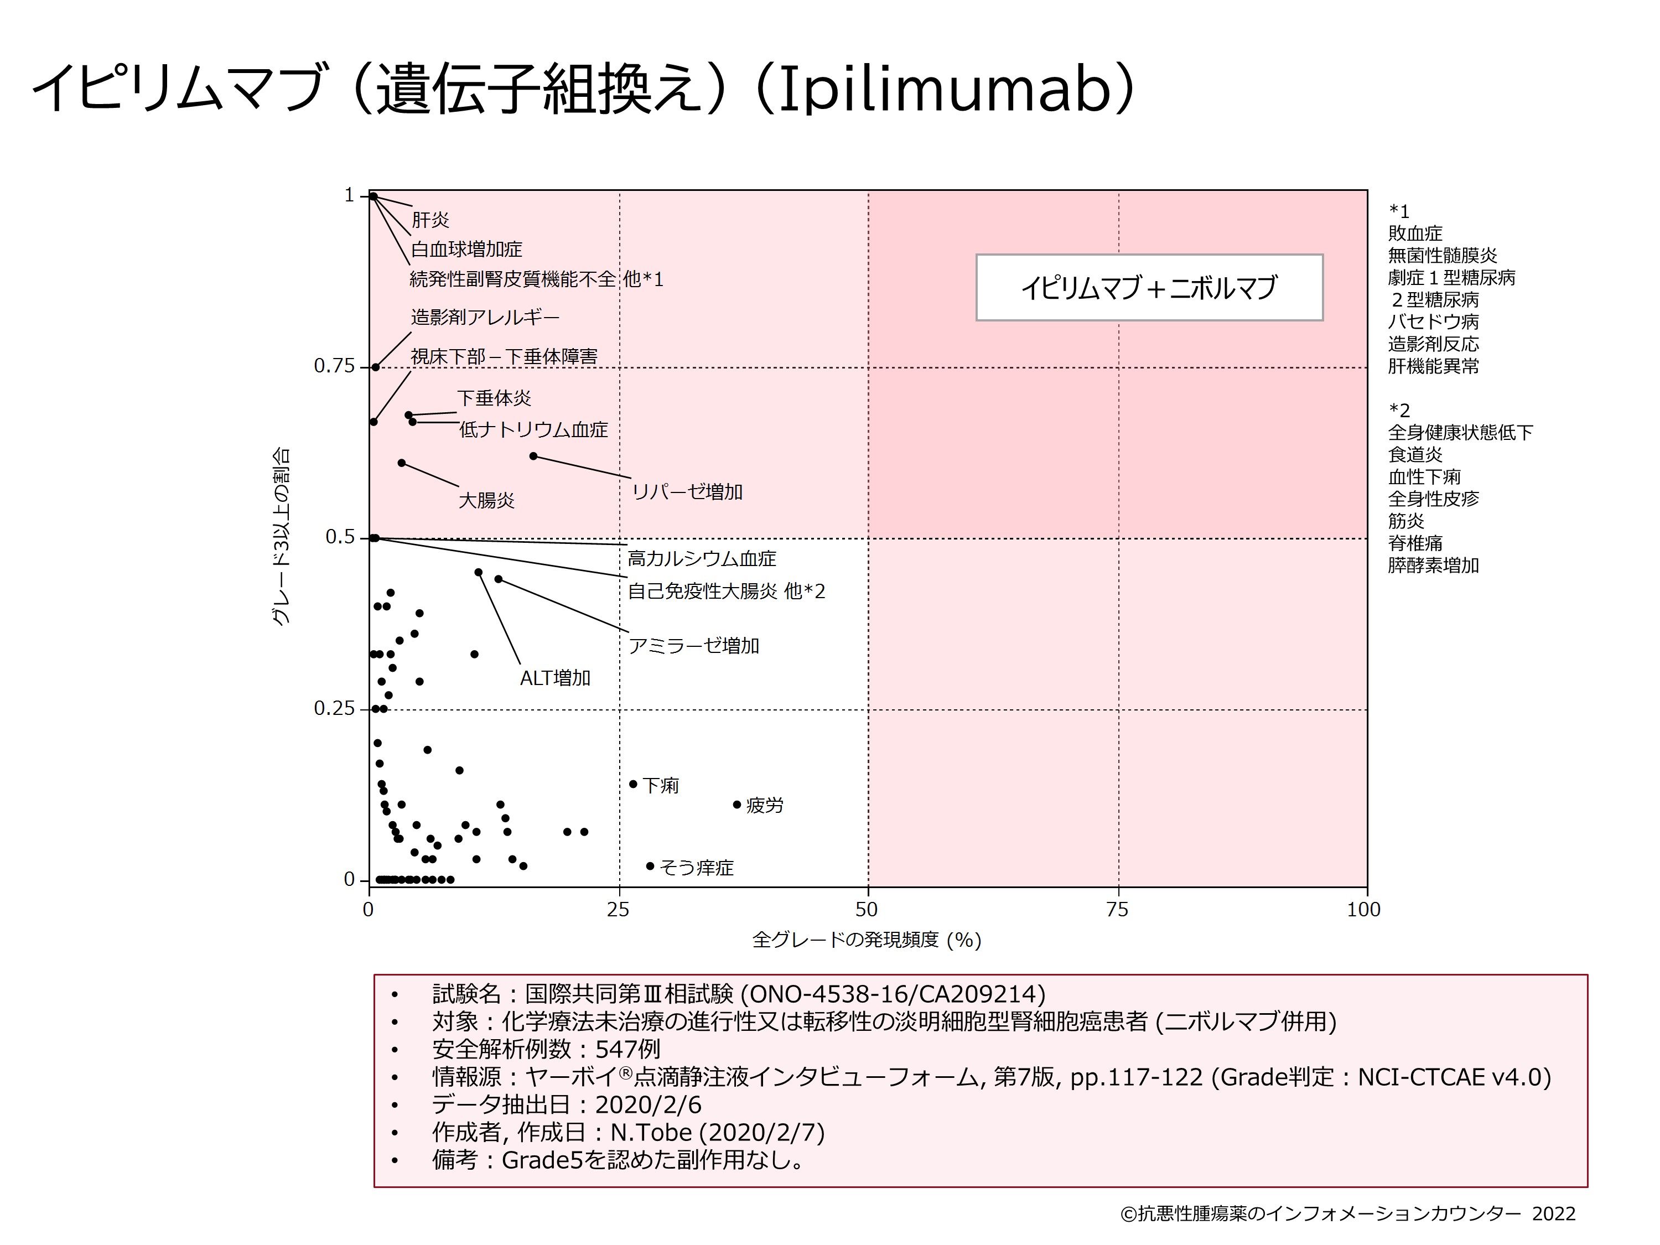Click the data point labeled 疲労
(737, 805)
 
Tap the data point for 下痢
(632, 784)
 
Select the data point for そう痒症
(650, 866)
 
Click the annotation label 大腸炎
(486, 501)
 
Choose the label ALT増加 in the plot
(556, 678)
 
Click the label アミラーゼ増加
(693, 646)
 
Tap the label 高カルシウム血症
(702, 559)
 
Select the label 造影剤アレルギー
(485, 318)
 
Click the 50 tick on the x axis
(867, 910)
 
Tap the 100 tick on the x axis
(1363, 910)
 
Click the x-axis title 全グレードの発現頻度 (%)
(867, 940)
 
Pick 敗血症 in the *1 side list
(1415, 234)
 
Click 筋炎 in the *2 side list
(1405, 521)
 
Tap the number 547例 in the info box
(627, 1049)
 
